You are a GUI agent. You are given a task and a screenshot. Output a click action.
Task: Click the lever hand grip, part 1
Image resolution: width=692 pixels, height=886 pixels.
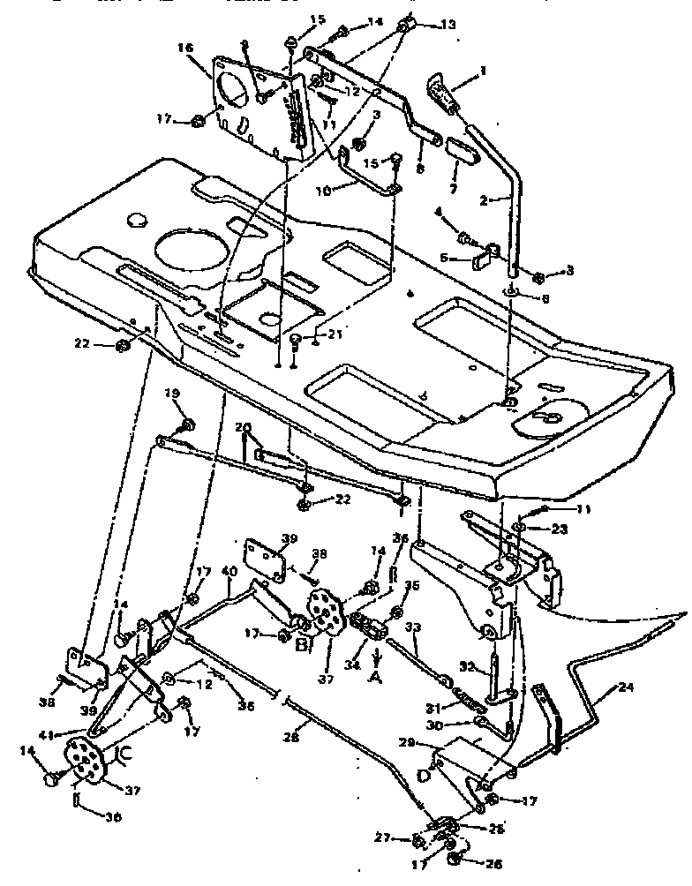pos(441,93)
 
